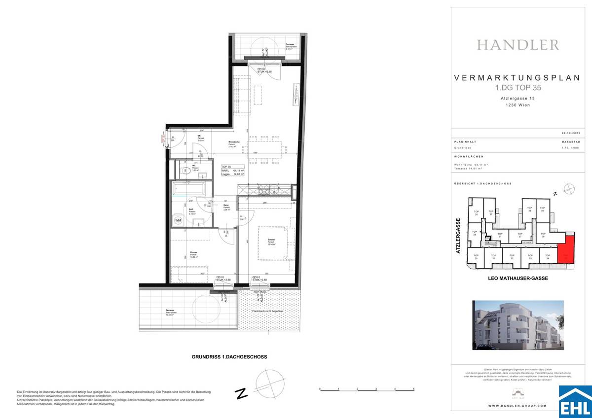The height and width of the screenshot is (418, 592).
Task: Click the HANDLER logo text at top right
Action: [518, 45]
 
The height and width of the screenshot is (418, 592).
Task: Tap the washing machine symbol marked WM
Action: [177, 220]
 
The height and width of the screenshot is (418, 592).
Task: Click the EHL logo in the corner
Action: [575, 402]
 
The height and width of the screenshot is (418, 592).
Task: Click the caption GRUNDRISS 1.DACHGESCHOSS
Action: [229, 357]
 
